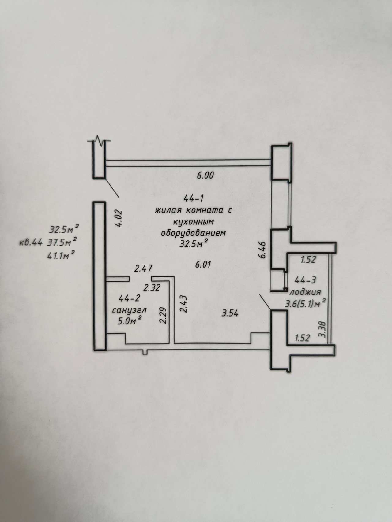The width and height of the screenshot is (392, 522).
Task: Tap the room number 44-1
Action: click(194, 198)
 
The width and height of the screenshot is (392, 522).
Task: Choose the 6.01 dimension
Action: click(203, 265)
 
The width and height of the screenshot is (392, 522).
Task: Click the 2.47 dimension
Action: click(144, 269)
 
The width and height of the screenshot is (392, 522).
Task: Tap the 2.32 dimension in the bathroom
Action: click(152, 288)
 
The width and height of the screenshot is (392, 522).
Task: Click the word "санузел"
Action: click(129, 310)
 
